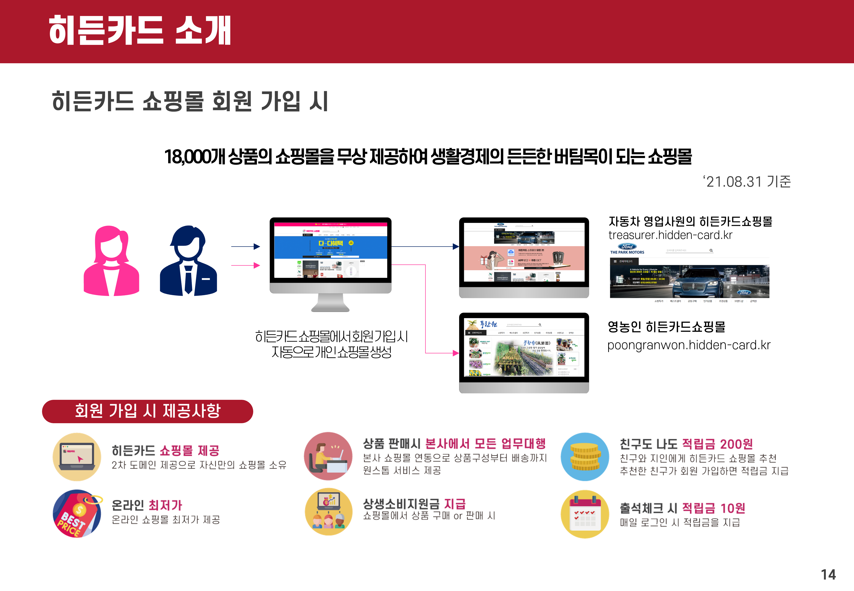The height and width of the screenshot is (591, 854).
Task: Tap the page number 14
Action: pyautogui.click(x=828, y=574)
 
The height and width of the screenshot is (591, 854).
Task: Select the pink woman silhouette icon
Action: pyautogui.click(x=111, y=261)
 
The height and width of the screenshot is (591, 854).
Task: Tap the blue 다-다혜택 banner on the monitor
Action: pyautogui.click(x=330, y=244)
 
